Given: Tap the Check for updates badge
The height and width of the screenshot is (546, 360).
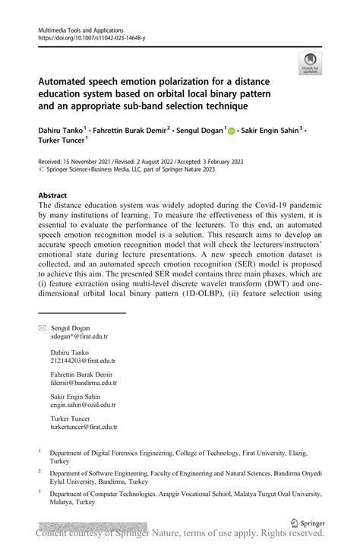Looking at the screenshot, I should [309, 65].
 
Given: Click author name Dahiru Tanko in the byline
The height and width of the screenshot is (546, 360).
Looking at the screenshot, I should [58, 131].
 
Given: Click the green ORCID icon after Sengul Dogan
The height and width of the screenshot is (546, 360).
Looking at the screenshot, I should [230, 131].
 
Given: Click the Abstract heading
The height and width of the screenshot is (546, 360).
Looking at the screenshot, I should [52, 195].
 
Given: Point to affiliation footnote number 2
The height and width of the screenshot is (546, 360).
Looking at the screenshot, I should [39, 469].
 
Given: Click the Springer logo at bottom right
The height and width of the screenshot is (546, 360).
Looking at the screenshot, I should [308, 523].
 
